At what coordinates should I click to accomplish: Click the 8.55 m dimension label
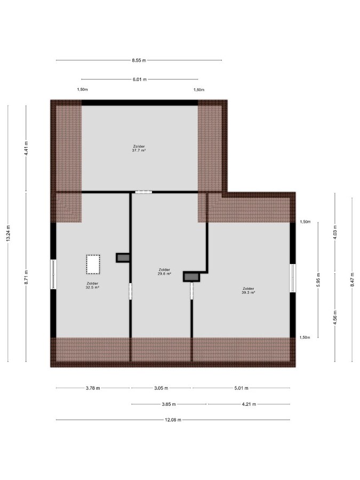[139, 60]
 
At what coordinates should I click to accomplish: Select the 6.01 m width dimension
[140, 79]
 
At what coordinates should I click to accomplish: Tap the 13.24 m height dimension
[8, 234]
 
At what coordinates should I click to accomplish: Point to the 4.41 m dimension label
[26, 148]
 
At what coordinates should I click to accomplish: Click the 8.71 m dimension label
[26, 277]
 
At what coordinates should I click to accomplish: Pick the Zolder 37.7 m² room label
[139, 148]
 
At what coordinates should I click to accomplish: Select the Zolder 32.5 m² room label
[92, 285]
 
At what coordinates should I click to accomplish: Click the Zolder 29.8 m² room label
[164, 272]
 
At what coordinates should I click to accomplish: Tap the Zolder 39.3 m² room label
[248, 291]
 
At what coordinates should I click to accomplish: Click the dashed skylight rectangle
[93, 265]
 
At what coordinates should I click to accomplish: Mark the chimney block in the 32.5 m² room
[123, 258]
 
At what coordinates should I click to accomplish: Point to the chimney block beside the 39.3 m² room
[191, 277]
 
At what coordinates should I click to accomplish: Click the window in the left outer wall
[53, 274]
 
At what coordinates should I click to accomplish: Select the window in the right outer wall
[293, 278]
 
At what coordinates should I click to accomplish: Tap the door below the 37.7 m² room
[143, 192]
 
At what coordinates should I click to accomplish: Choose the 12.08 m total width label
[173, 420]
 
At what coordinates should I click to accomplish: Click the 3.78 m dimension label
[93, 388]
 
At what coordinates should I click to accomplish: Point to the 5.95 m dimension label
[318, 279]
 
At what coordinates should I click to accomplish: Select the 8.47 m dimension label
[353, 279]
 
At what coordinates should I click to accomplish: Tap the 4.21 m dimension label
[249, 404]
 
